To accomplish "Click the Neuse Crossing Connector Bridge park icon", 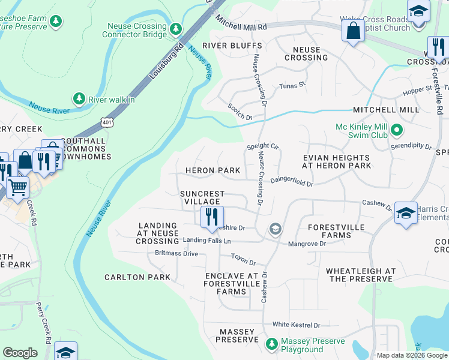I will (x=176, y=28).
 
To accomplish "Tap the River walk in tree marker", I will (x=79, y=98).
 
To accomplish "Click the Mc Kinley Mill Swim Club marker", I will (x=396, y=130).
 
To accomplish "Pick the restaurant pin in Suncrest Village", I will (x=211, y=217).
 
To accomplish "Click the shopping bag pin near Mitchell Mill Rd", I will (x=354, y=31).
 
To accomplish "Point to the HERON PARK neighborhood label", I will (x=212, y=171).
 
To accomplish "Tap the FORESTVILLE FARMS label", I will (x=337, y=232).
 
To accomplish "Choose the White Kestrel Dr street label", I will (x=296, y=325).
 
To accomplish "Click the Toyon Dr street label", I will (x=244, y=263).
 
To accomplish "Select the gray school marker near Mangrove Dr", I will (x=275, y=229).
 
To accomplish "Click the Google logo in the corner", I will (x=20, y=353).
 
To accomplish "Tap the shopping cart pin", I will (x=17, y=187).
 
